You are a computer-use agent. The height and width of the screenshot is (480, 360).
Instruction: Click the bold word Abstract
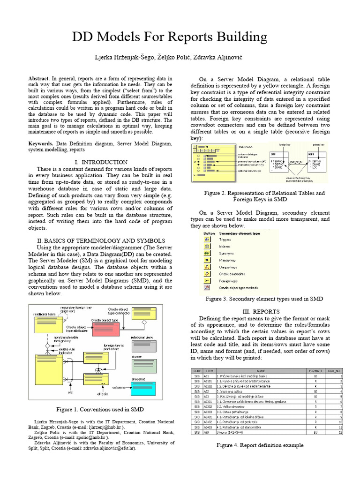(x=39, y=79)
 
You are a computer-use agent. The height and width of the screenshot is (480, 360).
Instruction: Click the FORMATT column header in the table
(x=313, y=370)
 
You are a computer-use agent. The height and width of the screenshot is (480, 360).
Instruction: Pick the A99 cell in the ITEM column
(x=206, y=432)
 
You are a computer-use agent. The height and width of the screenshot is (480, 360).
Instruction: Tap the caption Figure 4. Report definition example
(x=260, y=445)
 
